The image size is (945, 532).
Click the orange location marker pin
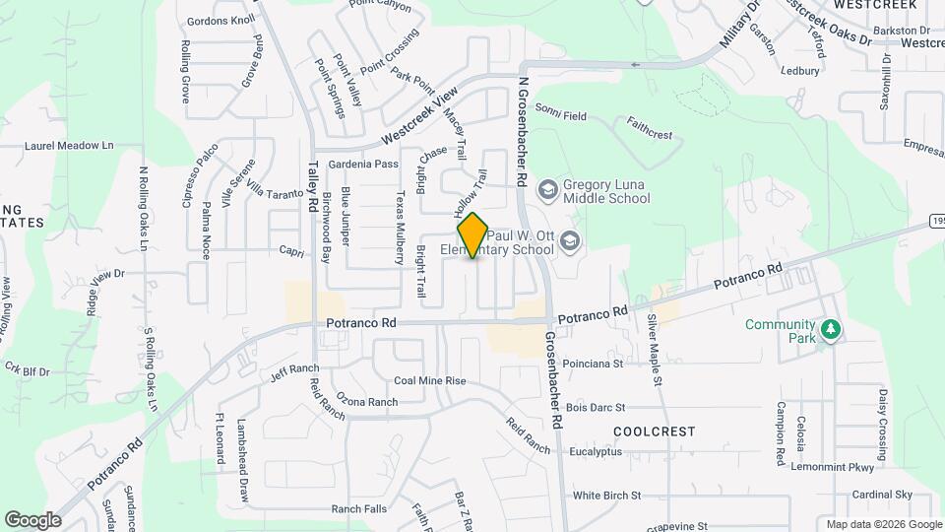(473, 234)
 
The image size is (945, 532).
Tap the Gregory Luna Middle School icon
(546, 187)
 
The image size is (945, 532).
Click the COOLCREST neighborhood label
(654, 432)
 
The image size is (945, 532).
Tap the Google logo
(32, 519)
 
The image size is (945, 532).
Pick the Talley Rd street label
(313, 184)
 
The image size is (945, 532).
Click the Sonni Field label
(561, 116)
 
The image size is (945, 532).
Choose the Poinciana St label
(595, 363)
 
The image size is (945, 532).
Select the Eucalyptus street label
(596, 452)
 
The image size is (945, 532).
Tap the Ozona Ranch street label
(366, 402)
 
